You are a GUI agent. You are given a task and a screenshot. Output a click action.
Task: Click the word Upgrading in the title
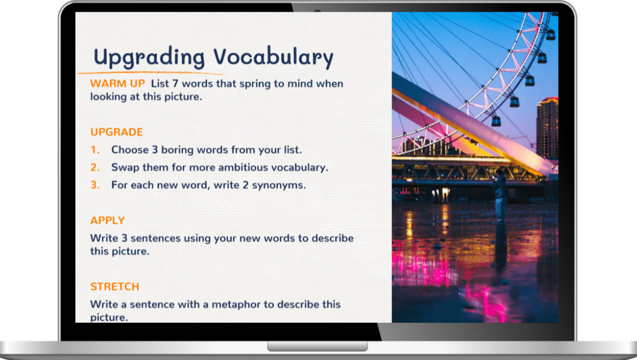click(x=149, y=57)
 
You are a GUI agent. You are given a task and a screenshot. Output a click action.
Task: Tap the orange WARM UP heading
click(x=118, y=83)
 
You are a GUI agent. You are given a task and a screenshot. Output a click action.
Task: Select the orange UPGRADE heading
click(x=117, y=132)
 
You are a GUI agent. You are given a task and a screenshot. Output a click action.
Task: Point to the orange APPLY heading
click(x=108, y=220)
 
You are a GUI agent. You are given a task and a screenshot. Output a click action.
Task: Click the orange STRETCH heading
click(x=114, y=287)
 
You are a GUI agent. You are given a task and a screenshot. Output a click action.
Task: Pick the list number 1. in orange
click(x=95, y=150)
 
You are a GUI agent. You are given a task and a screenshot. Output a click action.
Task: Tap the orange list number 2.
click(x=95, y=167)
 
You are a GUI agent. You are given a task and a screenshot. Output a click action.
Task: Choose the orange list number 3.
click(x=95, y=185)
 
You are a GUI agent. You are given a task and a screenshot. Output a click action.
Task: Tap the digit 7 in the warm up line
click(x=175, y=83)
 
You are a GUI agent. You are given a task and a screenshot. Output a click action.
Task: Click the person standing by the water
click(x=500, y=194)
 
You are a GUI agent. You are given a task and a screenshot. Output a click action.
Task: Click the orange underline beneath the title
click(x=151, y=73)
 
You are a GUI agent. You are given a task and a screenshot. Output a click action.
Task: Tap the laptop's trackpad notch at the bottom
click(x=317, y=346)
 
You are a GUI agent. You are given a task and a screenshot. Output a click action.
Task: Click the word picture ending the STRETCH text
click(x=109, y=317)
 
